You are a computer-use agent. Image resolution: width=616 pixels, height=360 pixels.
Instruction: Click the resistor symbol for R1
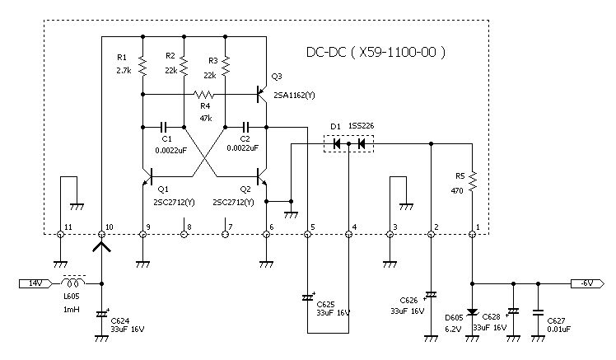(x=142, y=67)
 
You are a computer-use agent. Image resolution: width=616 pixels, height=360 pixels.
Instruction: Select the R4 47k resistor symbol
(x=204, y=94)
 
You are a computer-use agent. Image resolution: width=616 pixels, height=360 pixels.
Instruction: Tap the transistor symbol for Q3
(x=261, y=94)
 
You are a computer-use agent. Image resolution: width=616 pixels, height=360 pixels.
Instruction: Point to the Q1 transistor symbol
(x=147, y=176)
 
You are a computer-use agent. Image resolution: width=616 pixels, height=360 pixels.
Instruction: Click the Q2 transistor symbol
(x=261, y=176)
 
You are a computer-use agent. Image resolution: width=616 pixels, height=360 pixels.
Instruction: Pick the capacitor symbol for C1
(x=164, y=127)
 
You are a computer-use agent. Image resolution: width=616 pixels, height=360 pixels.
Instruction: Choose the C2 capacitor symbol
(x=246, y=127)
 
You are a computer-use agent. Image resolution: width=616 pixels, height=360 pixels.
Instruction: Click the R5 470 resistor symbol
(x=472, y=181)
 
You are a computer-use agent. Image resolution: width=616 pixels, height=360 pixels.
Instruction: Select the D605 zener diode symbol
(x=472, y=312)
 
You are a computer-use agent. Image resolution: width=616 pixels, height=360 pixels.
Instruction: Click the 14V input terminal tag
(x=35, y=283)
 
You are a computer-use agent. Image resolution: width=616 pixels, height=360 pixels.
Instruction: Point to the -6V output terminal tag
(x=588, y=283)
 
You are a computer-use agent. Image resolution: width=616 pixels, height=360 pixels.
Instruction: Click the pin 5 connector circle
(x=308, y=234)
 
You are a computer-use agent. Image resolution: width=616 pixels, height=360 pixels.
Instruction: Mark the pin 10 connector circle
(x=101, y=234)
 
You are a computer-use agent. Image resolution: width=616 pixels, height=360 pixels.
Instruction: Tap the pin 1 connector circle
(x=472, y=234)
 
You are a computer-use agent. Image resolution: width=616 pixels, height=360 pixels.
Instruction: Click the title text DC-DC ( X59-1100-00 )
(x=376, y=52)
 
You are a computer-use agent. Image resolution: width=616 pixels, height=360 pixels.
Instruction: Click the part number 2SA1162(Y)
(x=294, y=96)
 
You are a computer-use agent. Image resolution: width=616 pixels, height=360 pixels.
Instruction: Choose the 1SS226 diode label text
(x=361, y=126)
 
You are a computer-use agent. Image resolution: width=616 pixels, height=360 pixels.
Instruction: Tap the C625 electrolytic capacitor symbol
(x=308, y=297)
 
